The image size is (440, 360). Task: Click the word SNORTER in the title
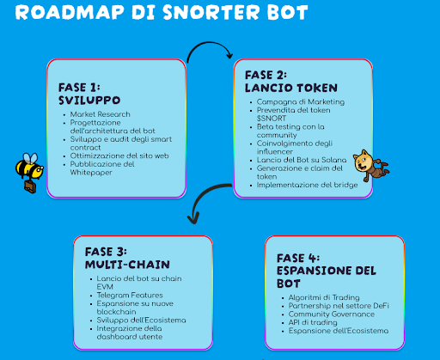click(x=211, y=12)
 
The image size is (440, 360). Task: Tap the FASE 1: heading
click(x=79, y=88)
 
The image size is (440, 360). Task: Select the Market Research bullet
click(x=101, y=114)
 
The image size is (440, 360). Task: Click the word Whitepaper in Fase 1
click(x=91, y=173)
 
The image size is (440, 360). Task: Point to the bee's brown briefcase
click(x=30, y=186)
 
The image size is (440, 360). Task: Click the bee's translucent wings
click(x=30, y=158)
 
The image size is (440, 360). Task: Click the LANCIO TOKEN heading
click(x=291, y=88)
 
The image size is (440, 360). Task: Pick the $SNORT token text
click(x=272, y=119)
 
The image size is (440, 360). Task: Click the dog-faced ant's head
click(x=363, y=162)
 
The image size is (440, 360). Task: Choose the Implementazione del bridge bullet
click(x=307, y=185)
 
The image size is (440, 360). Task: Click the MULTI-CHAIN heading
click(x=127, y=265)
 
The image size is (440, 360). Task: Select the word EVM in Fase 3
click(x=105, y=287)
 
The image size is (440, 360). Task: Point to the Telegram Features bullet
click(x=130, y=295)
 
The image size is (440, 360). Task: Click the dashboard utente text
click(x=130, y=337)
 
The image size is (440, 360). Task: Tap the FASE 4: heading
click(x=298, y=259)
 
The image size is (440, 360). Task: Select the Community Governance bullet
click(x=332, y=314)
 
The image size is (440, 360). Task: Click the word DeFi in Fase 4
click(x=381, y=306)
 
